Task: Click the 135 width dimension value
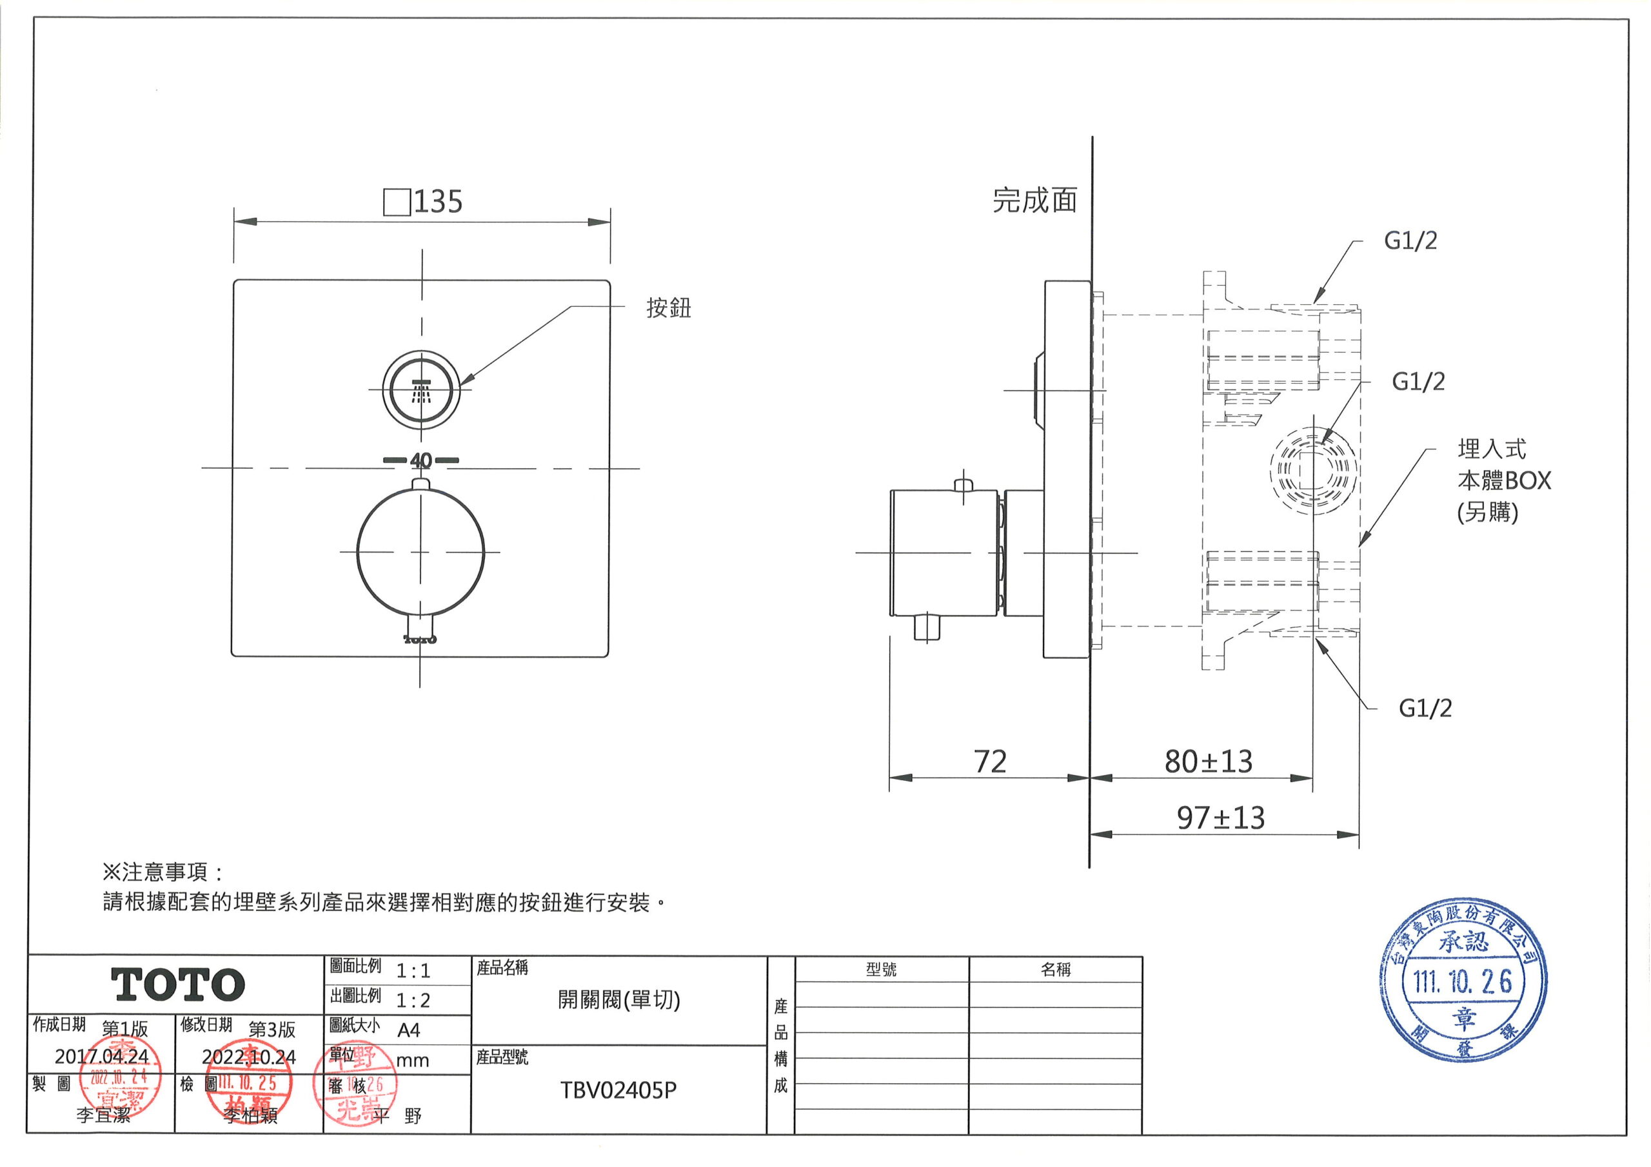(437, 202)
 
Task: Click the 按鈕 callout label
(668, 308)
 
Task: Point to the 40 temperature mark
(421, 460)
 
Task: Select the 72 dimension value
(989, 762)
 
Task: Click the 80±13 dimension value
(1208, 762)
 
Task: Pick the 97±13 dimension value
(1220, 818)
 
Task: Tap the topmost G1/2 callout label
(1410, 241)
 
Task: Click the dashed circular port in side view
(1313, 471)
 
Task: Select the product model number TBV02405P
(618, 1091)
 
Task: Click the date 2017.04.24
(102, 1056)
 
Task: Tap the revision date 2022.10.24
(249, 1057)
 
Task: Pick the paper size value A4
(408, 1030)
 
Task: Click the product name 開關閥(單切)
(618, 1000)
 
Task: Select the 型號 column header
(881, 970)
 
